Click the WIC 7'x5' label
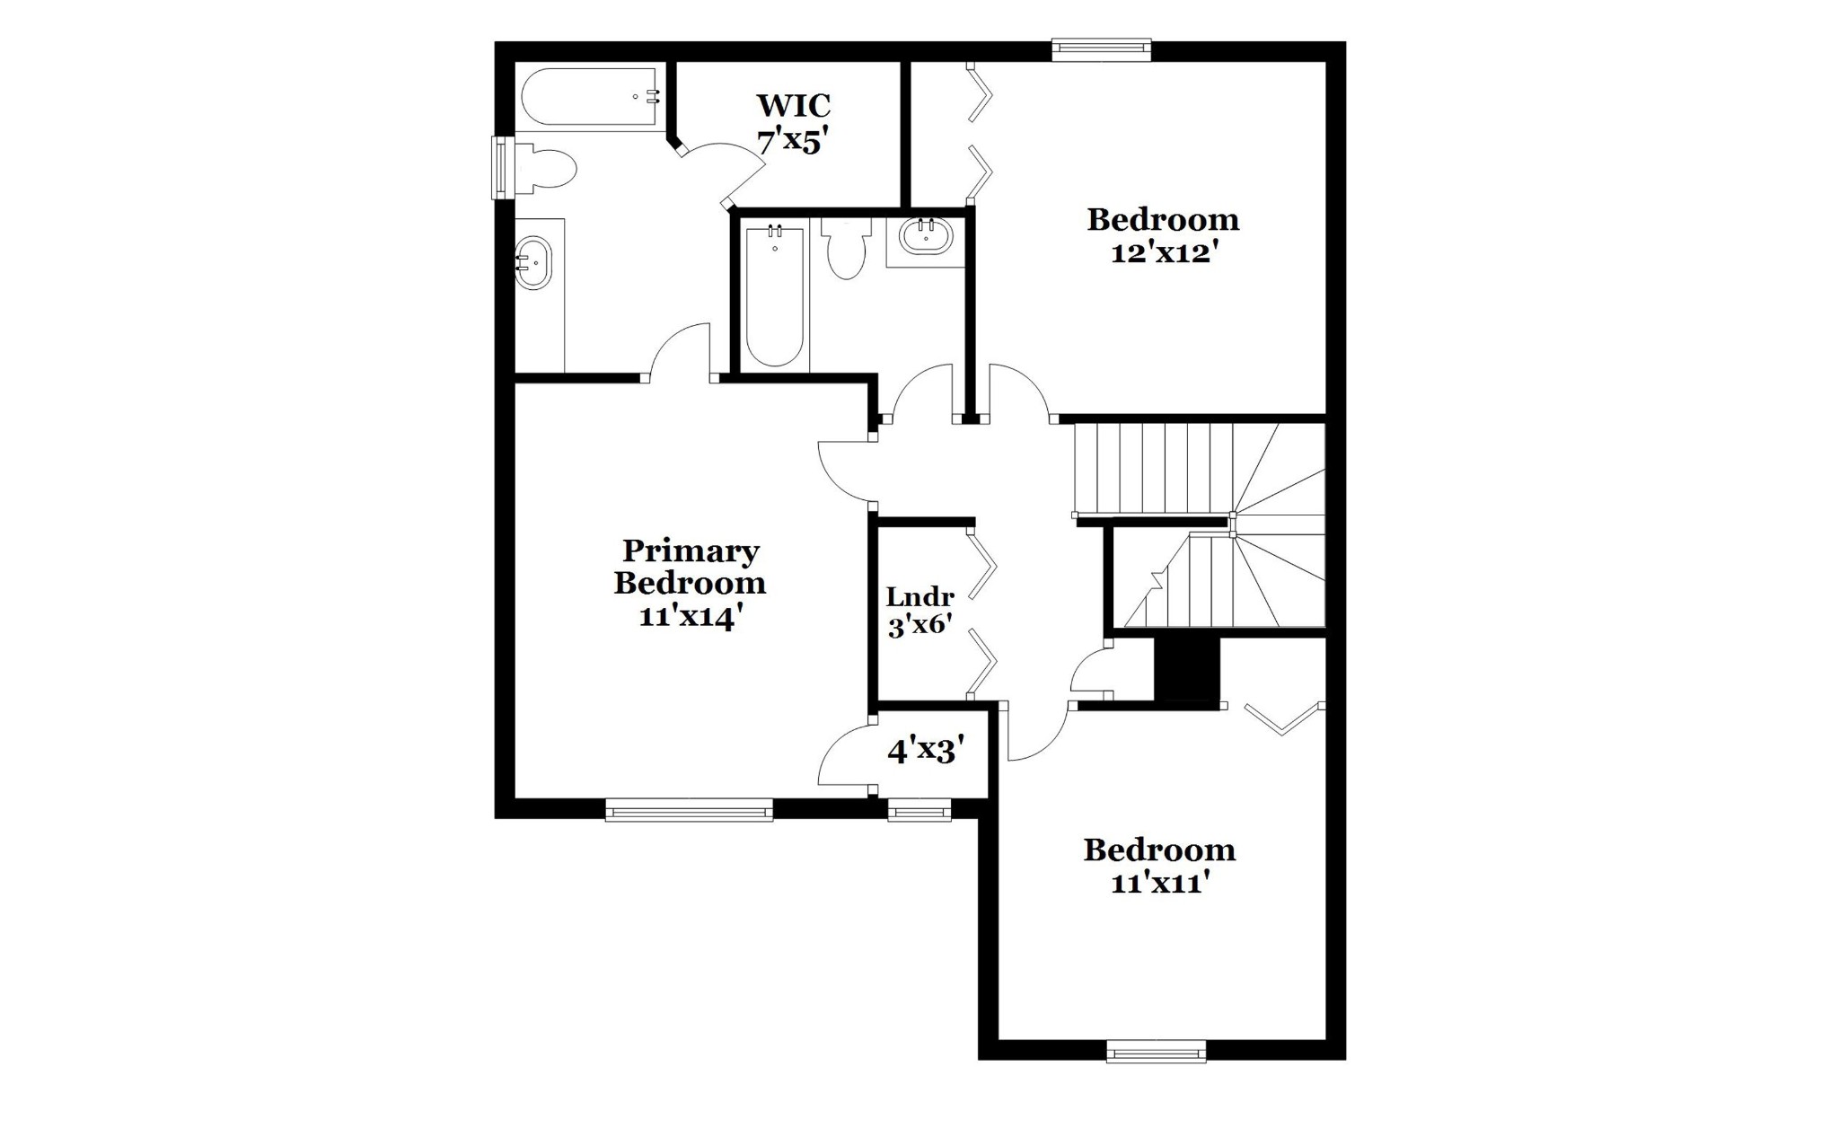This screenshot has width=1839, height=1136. click(793, 123)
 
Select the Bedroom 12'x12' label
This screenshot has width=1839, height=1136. click(1163, 235)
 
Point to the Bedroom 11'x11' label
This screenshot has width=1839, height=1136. click(1159, 866)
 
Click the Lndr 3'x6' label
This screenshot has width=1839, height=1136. click(919, 611)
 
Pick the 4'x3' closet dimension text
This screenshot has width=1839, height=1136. click(926, 750)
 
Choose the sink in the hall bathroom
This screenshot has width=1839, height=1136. click(925, 238)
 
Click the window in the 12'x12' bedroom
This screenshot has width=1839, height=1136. click(1101, 50)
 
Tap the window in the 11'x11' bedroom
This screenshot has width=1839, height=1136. click(1156, 1051)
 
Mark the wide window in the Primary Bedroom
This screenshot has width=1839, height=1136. click(689, 809)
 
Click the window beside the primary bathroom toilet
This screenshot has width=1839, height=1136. click(502, 167)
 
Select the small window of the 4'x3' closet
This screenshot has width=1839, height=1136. click(919, 809)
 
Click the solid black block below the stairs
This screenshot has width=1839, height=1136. click(1186, 669)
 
